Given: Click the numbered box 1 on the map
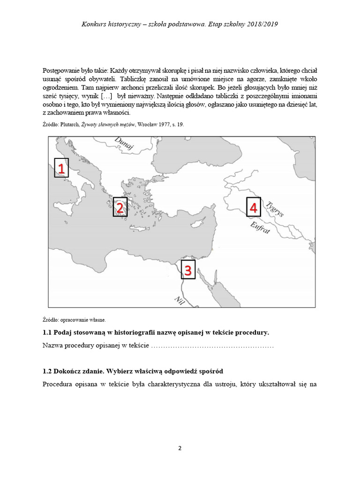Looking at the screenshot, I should [x=61, y=168].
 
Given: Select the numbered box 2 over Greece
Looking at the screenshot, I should [x=120, y=207].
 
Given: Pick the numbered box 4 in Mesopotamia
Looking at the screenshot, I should [x=253, y=207].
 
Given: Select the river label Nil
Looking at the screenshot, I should [x=179, y=300].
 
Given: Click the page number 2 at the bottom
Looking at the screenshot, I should [x=180, y=448].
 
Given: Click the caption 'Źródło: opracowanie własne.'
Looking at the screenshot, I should [x=74, y=320].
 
